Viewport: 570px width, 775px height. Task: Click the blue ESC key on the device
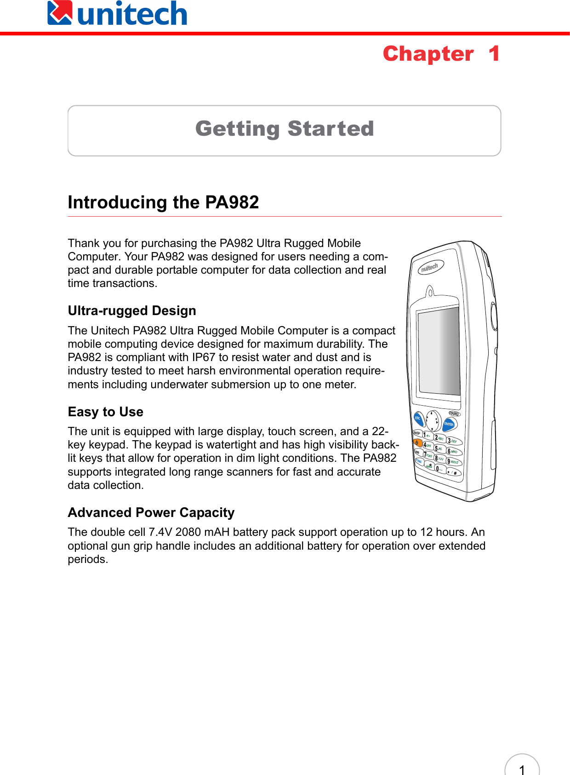point(418,419)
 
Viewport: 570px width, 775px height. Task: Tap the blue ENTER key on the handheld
point(449,424)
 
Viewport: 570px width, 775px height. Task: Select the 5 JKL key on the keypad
point(439,448)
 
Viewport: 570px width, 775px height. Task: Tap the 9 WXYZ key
point(453,462)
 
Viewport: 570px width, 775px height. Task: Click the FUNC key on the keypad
point(419,461)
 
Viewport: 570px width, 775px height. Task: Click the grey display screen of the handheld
point(439,350)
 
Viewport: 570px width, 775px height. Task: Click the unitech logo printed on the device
point(430,268)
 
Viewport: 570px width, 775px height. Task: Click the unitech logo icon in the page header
point(60,13)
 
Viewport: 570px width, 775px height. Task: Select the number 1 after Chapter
point(494,54)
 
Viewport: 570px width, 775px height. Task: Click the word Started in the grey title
point(331,129)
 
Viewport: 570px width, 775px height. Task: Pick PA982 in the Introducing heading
point(232,202)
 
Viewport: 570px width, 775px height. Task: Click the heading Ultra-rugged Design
point(132,311)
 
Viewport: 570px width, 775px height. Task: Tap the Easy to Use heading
point(105,412)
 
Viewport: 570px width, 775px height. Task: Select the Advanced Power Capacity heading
point(151,512)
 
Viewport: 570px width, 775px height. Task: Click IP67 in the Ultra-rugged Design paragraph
point(204,357)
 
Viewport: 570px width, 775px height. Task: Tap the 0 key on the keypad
point(439,469)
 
